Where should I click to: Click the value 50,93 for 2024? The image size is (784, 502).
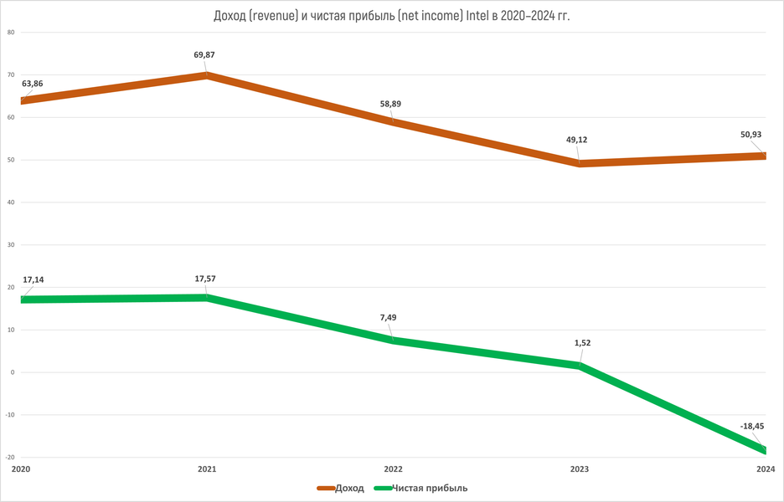[x=750, y=135]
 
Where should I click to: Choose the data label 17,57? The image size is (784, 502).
[x=206, y=279]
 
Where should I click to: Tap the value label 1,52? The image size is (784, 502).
[x=578, y=342]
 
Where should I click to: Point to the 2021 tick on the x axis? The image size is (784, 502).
[x=206, y=469]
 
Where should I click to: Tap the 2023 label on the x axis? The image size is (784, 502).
[x=578, y=469]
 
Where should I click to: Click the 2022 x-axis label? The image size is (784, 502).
[x=392, y=469]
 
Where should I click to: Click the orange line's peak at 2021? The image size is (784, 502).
[x=206, y=75]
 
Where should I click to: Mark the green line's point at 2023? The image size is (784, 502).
[x=578, y=366]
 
